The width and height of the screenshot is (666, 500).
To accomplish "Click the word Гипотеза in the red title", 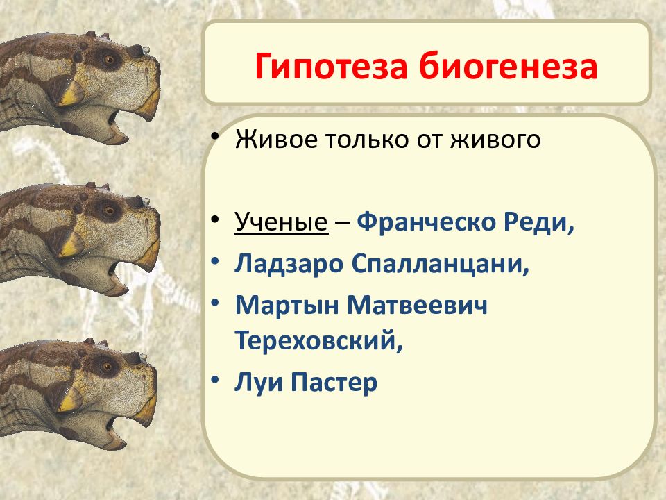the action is pos(332,67).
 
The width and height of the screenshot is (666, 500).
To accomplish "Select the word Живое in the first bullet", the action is pos(276,139).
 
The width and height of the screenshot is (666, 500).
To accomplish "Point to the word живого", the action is pos(495,140).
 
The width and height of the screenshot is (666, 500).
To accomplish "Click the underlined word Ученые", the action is pos(281,222).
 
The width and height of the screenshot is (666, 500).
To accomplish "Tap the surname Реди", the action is pos(539,222).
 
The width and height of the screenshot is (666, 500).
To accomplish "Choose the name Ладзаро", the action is pos(289,264).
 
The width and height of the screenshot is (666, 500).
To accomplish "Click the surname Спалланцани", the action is pos(441,265).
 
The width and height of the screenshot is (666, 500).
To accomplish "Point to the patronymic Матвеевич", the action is pos(417,306).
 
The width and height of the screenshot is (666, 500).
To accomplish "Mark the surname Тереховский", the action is pos(318,340).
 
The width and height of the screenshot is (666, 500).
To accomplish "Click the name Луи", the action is pos(258,382).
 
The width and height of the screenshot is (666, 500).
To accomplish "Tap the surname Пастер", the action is pos(334,382).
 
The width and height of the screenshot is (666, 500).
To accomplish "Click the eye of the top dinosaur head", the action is pos(109,58).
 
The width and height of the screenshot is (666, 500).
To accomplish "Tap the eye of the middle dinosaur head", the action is pos(109,210).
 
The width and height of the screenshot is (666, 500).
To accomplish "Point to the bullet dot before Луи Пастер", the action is pos(215,378).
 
